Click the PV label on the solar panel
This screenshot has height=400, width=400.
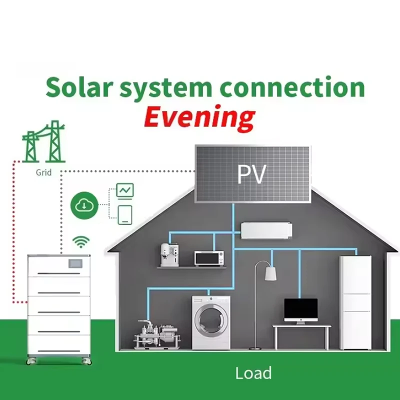tap(251, 175)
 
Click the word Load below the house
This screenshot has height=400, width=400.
tap(253, 373)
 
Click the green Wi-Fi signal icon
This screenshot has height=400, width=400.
tap(79, 243)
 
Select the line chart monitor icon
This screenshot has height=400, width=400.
tap(125, 190)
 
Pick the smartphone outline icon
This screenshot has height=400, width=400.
tap(125, 213)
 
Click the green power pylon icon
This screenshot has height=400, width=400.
tap(44, 143)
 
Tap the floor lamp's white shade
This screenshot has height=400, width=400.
tap(270, 273)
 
